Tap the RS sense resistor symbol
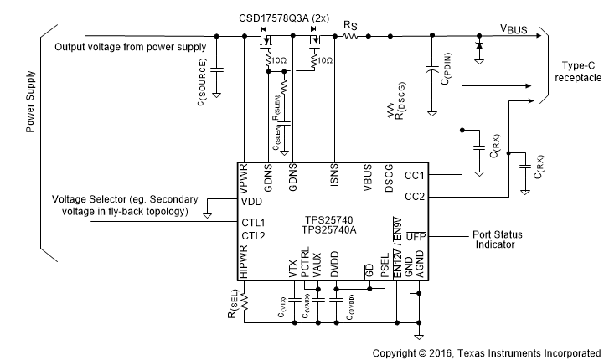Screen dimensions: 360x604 click(x=351, y=36)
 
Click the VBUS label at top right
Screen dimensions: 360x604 click(x=514, y=28)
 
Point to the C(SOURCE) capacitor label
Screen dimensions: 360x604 click(x=202, y=89)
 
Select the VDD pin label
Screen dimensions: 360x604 click(x=251, y=202)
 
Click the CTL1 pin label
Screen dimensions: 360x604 click(x=253, y=222)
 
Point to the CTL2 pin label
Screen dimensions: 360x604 click(x=253, y=236)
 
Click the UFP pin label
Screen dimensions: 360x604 click(x=416, y=238)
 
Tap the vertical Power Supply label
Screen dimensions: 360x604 click(x=31, y=102)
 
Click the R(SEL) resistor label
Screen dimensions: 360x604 click(x=233, y=302)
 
